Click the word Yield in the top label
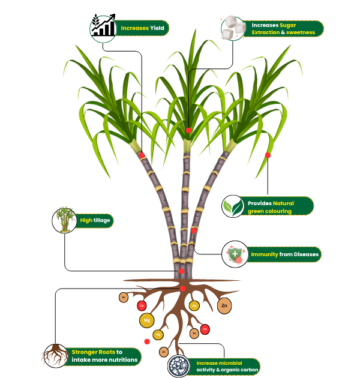[157, 28]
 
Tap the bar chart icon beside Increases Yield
[103, 28]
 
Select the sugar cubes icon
[233, 28]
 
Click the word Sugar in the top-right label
[288, 25]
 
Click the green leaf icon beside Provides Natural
[233, 206]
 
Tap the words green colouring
[269, 211]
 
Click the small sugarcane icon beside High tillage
[65, 220]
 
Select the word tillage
[103, 220]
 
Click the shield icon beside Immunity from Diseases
[234, 254]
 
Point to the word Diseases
[306, 254]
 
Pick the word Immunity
[264, 254]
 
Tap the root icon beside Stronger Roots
[55, 355]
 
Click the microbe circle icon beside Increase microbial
[179, 366]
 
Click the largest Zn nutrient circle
[224, 306]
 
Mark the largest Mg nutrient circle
[146, 320]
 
